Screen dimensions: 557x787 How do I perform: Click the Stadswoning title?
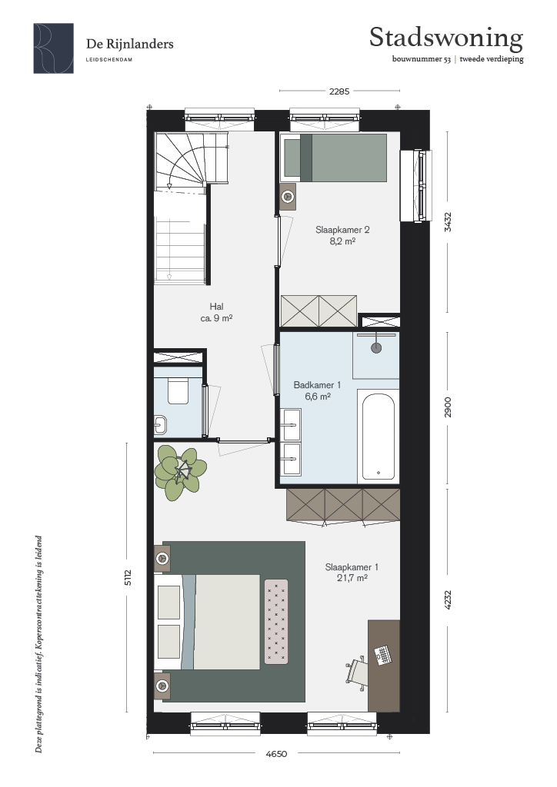[x=446, y=38]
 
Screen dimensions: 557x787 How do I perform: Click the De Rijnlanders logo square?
[x=54, y=48]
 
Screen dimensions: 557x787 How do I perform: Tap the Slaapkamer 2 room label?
[x=342, y=230]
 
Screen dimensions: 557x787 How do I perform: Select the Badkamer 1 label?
[x=318, y=385]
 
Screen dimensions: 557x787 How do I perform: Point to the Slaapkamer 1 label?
[x=352, y=567]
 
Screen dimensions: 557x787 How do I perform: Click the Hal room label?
[x=216, y=307]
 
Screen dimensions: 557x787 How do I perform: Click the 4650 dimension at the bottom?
[x=276, y=753]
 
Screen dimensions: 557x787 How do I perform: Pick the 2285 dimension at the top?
[x=339, y=91]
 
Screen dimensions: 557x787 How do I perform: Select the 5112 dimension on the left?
[x=128, y=577]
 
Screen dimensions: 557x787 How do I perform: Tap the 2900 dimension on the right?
[x=448, y=407]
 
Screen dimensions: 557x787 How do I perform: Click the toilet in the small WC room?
[x=177, y=391]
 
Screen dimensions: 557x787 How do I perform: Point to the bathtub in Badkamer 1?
[x=379, y=437]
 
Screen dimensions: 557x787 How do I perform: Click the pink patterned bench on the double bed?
[x=276, y=621]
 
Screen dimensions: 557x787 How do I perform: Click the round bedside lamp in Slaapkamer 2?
[x=288, y=196]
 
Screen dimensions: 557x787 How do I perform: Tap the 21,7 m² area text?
[x=352, y=578]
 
